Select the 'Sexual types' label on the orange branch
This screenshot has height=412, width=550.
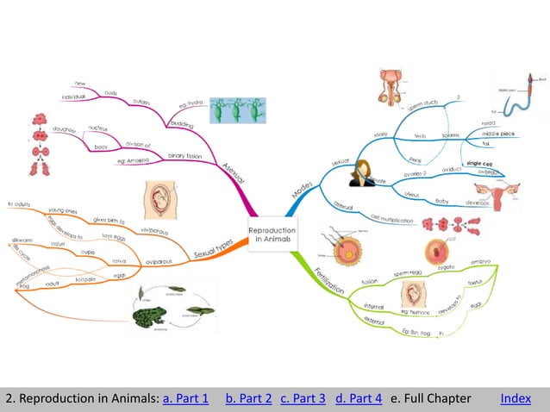[213, 250]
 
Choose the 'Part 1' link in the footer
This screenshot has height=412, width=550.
[186, 398]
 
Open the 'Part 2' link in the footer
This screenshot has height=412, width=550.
[249, 398]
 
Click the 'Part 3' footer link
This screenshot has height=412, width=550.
[303, 398]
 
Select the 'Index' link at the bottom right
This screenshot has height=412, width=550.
[516, 398]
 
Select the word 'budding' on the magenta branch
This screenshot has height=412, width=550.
[182, 123]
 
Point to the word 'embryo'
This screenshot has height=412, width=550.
[481, 263]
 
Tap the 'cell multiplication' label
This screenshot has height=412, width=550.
[392, 219]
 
